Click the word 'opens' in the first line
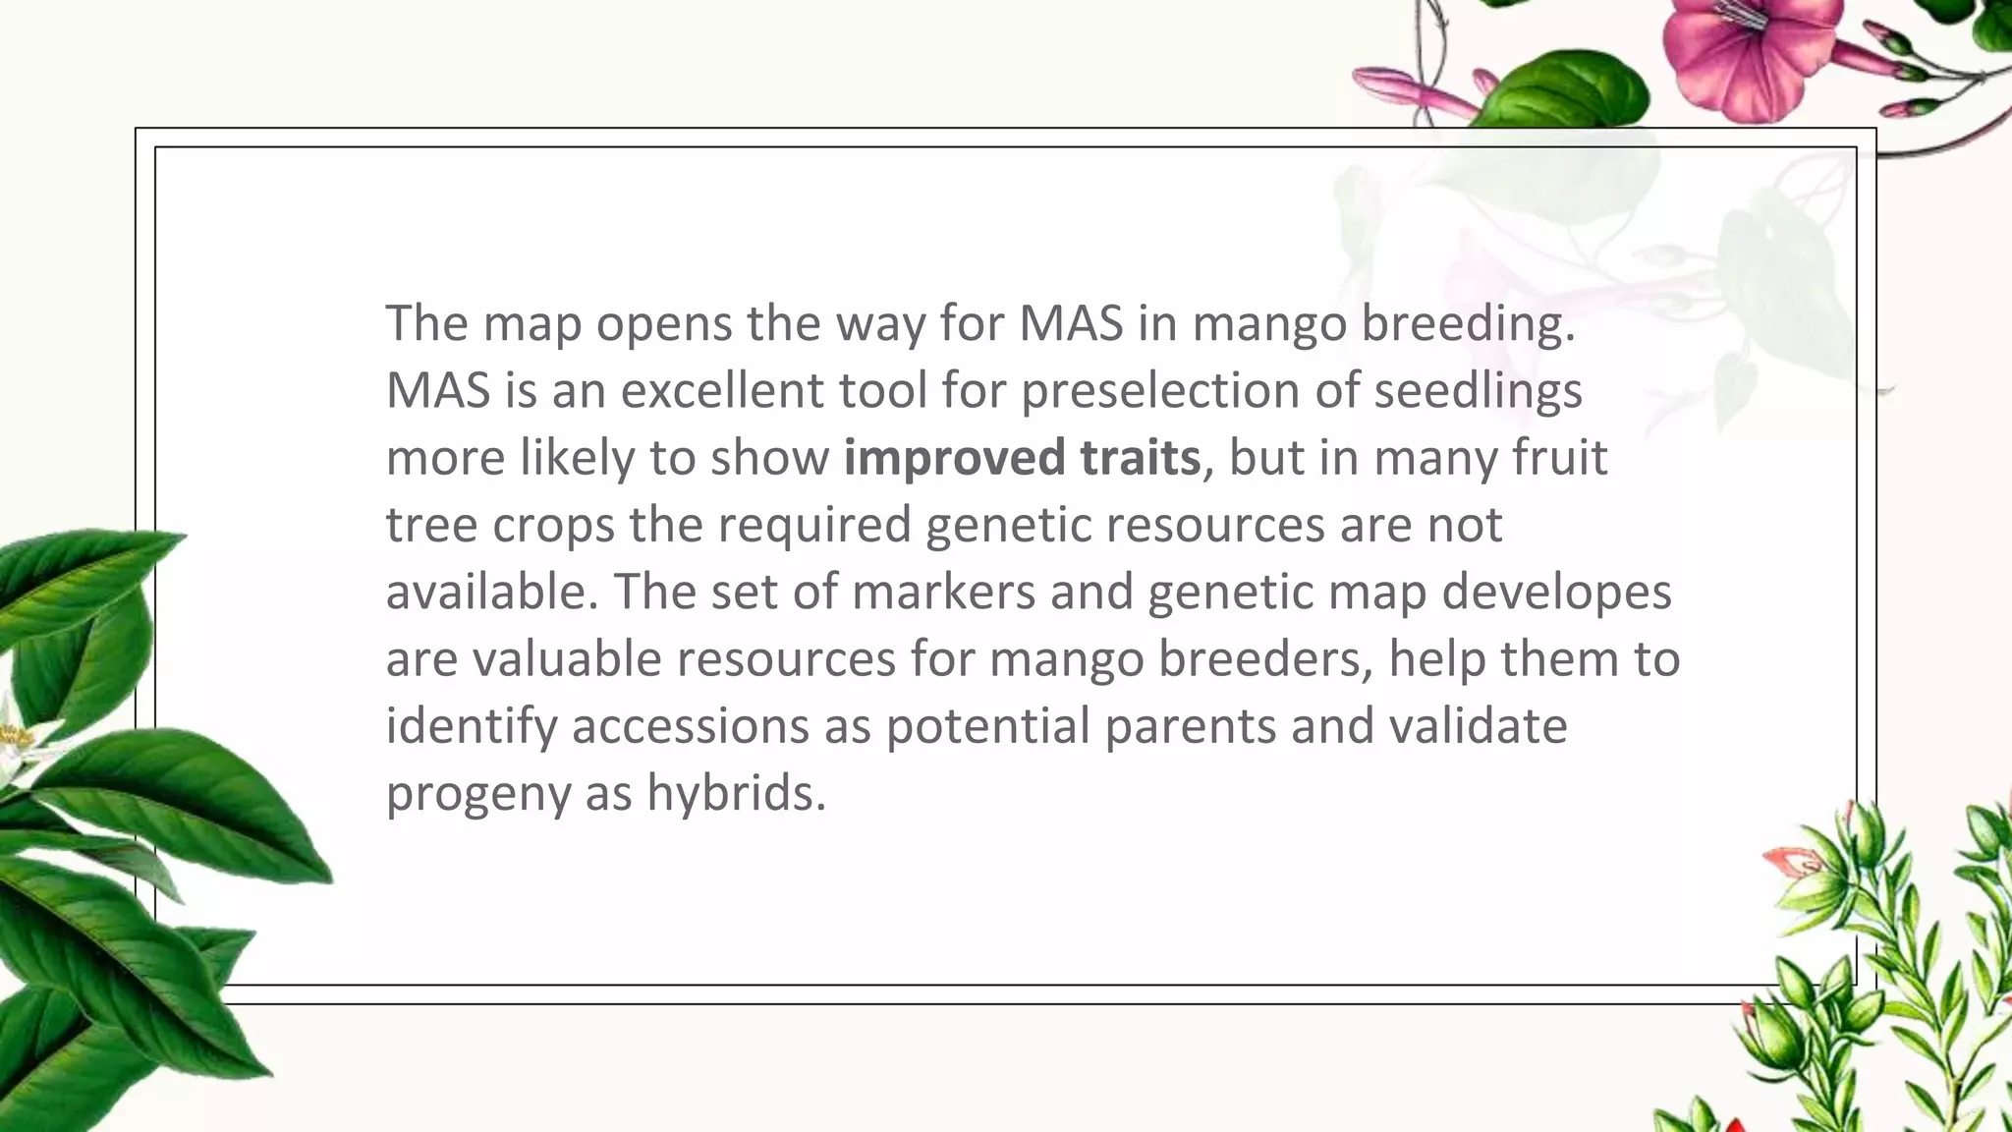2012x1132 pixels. pos(663,324)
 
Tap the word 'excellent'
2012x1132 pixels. pos(724,390)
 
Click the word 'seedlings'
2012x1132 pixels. pos(1478,391)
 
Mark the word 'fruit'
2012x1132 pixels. pos(1561,458)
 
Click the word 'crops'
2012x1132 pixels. pos(553,525)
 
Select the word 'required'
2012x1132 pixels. pos(815,525)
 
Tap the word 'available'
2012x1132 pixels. pos(491,592)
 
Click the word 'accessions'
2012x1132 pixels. pos(691,725)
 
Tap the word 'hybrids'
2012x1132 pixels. pos(736,792)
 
